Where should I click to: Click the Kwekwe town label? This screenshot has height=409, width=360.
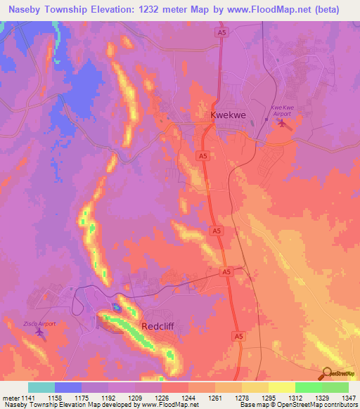pos(228,114)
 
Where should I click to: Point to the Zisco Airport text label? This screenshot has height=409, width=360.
pos(39,323)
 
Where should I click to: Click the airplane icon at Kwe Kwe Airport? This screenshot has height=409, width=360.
pos(283,124)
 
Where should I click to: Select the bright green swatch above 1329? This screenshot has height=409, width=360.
pos(309,387)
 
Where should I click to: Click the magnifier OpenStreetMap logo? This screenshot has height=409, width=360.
pos(326,374)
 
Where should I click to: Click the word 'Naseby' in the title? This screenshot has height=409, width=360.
pos(22,10)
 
